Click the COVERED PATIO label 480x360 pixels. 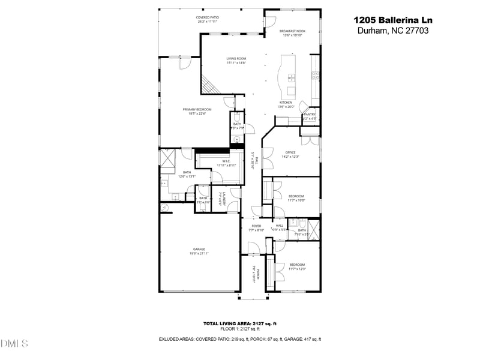pos(207,18)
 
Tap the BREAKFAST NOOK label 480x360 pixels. pos(293,31)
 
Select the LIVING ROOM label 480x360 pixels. pos(236,59)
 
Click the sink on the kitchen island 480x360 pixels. pos(292,77)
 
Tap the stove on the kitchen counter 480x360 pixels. pos(314,76)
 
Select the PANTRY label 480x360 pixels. pos(310,115)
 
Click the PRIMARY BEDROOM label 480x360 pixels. pos(197,109)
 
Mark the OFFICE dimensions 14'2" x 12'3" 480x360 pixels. pos(291,157)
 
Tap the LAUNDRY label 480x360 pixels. pos(222,198)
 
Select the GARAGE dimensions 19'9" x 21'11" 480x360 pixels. pos(199,253)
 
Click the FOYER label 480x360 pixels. pos(256,226)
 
